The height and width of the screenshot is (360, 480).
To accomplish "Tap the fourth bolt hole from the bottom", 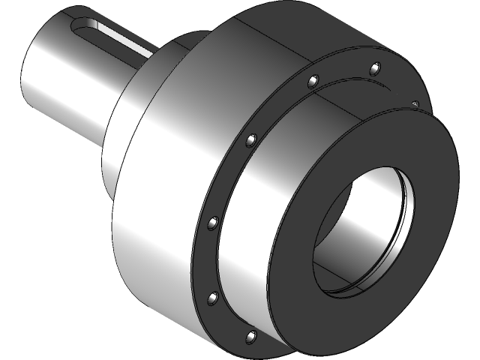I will [x=250, y=139].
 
